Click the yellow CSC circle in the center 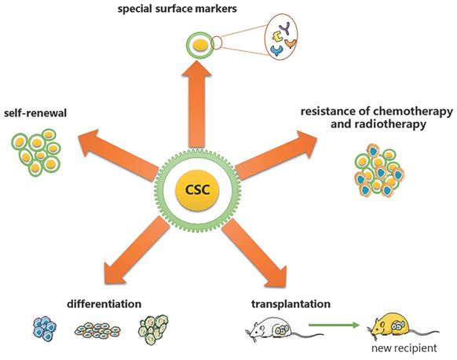201,192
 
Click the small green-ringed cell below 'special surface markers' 201,46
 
